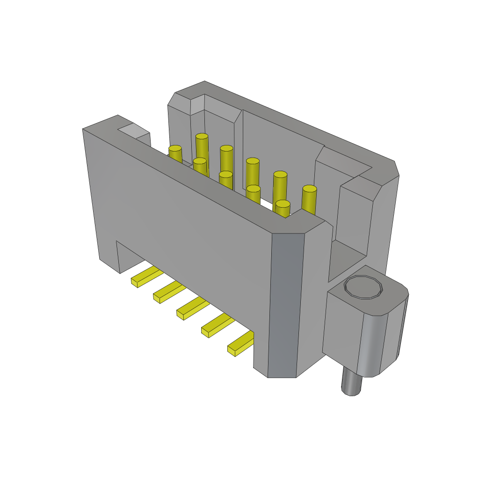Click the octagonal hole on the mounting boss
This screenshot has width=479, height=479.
(363, 287)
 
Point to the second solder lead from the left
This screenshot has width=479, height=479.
(169, 291)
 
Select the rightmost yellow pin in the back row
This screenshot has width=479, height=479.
(309, 199)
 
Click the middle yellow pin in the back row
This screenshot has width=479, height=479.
(253, 173)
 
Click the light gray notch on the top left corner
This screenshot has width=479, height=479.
(133, 131)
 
